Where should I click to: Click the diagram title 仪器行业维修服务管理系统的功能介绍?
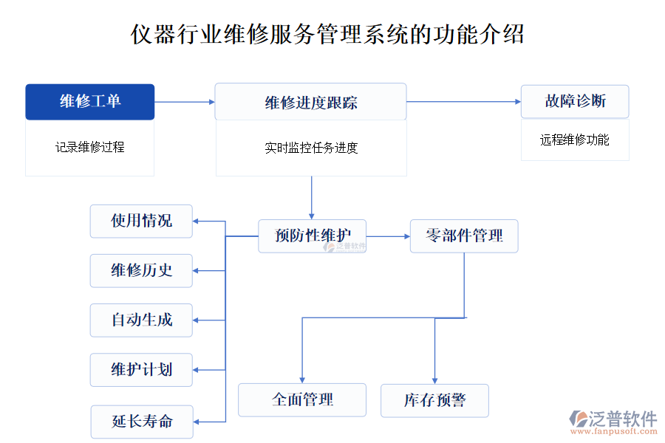click(x=327, y=34)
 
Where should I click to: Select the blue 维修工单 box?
click(x=90, y=102)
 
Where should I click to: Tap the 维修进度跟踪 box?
click(x=310, y=102)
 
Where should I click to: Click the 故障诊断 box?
click(x=575, y=101)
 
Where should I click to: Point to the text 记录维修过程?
click(x=90, y=147)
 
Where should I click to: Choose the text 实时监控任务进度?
click(x=311, y=148)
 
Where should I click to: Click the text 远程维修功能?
click(x=575, y=140)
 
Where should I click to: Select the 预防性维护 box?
click(x=312, y=236)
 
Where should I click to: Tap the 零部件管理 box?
click(x=464, y=236)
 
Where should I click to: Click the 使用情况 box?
click(x=141, y=221)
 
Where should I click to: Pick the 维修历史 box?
click(x=141, y=270)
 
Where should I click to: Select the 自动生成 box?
click(x=141, y=320)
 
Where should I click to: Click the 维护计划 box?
click(x=141, y=369)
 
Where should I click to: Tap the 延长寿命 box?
click(x=141, y=422)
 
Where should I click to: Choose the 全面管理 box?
click(x=302, y=399)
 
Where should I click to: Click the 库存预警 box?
click(x=434, y=400)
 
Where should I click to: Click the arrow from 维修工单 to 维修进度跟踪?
click(x=184, y=102)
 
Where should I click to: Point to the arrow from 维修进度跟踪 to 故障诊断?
click(x=463, y=102)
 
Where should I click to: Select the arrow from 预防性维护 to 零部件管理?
click(x=388, y=236)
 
